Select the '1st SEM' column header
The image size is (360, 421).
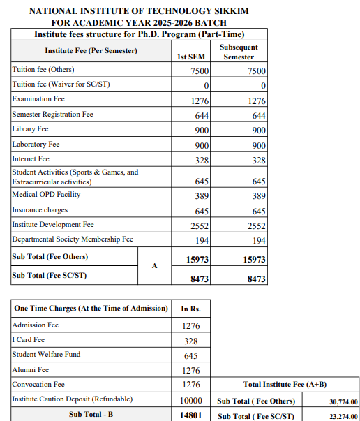point(191,57)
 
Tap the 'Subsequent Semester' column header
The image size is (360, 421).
point(239,52)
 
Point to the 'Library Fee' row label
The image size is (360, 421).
point(31,129)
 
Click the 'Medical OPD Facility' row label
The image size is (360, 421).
point(46,194)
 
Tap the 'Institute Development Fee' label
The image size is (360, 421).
point(53,224)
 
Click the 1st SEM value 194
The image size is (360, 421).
point(202,240)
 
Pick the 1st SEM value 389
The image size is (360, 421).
point(202,196)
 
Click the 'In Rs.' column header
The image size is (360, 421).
point(191,308)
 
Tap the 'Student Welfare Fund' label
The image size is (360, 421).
point(46,355)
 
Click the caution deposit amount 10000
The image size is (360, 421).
point(191,400)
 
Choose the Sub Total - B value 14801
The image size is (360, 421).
point(191,415)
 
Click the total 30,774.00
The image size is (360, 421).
point(343,401)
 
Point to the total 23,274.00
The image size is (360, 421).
point(343,416)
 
